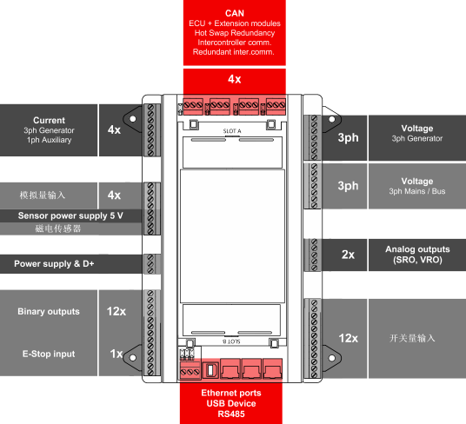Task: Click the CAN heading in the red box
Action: (x=235, y=13)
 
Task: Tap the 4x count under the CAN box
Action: (x=235, y=79)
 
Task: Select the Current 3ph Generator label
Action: (x=49, y=130)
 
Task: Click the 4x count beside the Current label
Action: (x=114, y=129)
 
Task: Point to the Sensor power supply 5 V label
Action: (x=70, y=215)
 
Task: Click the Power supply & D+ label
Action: (x=54, y=263)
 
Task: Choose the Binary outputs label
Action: (x=49, y=311)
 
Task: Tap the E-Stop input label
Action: (x=49, y=354)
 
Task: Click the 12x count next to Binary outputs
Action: (x=116, y=311)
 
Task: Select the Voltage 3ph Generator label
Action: (x=417, y=133)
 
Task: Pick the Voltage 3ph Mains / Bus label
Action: (x=417, y=186)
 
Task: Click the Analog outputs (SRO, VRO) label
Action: (x=417, y=255)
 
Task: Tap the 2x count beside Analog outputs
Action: (x=348, y=255)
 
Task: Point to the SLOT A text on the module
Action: (x=232, y=131)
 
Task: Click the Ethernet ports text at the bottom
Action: (x=231, y=393)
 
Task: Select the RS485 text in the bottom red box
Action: (x=231, y=414)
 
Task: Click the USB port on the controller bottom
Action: (x=210, y=370)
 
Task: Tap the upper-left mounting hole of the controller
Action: (x=133, y=119)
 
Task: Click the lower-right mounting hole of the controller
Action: (x=332, y=358)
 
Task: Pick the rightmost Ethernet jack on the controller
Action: (x=272, y=369)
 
